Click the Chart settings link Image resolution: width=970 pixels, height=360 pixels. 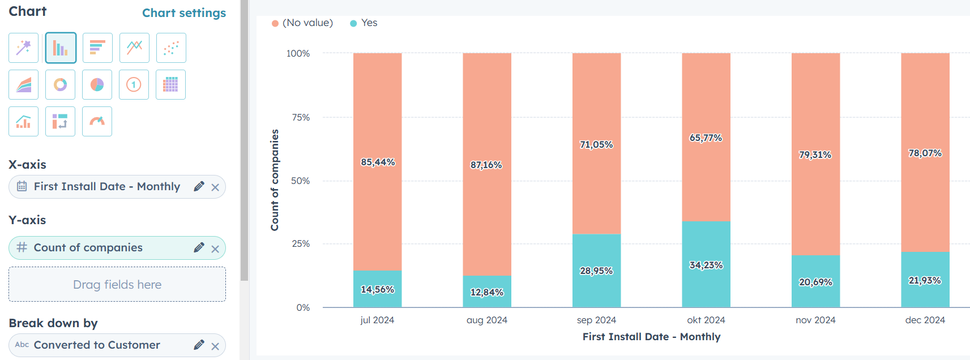click(x=183, y=13)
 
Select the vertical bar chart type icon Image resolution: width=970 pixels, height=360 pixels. click(x=61, y=48)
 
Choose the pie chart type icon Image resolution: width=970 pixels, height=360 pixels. click(x=97, y=85)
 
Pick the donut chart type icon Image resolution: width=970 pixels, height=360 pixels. click(x=61, y=85)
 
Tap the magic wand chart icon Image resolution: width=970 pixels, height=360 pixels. click(x=23, y=48)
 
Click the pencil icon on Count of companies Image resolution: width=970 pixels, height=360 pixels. click(x=199, y=248)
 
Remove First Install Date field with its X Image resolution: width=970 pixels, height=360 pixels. click(x=215, y=187)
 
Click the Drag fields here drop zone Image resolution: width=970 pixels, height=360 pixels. click(x=117, y=284)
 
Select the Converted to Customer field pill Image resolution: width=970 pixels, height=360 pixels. click(x=96, y=345)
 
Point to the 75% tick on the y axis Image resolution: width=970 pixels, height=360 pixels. click(x=301, y=117)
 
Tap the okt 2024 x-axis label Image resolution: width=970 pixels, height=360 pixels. click(x=706, y=320)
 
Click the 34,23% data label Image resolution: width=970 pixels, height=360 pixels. click(x=706, y=265)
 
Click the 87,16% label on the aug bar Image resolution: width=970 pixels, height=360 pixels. click(x=486, y=165)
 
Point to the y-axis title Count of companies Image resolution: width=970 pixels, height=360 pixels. click(x=275, y=180)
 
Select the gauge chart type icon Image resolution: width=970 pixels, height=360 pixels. click(x=97, y=122)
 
